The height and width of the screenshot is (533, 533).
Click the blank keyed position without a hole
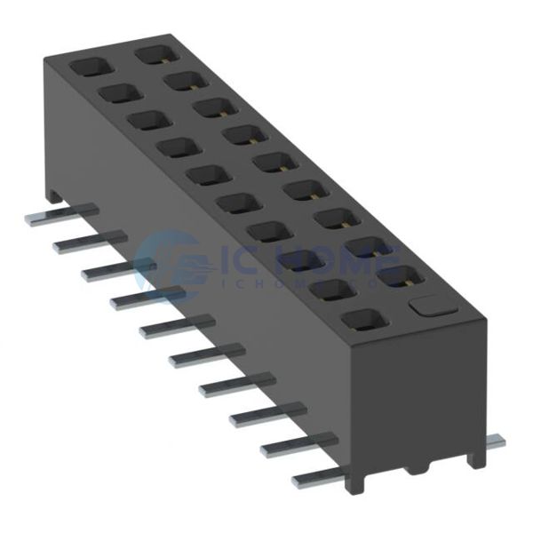429,306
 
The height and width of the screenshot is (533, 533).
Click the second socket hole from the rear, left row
117,93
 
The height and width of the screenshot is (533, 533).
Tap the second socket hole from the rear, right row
181,81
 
